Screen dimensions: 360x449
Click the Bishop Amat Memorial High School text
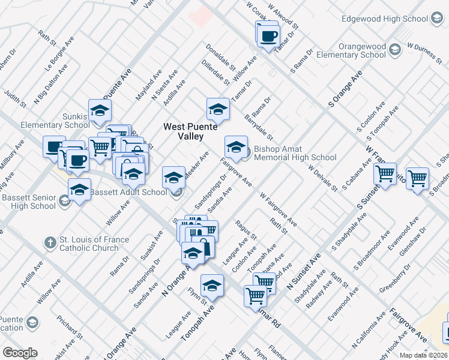pyautogui.click(x=294, y=153)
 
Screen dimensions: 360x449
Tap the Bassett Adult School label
pyautogui.click(x=128, y=193)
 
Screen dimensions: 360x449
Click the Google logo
pyautogui.click(x=20, y=353)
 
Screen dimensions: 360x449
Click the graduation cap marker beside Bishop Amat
pyautogui.click(x=236, y=146)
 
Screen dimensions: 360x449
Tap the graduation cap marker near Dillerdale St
pyautogui.click(x=218, y=109)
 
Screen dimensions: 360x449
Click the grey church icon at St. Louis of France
pyautogui.click(x=51, y=243)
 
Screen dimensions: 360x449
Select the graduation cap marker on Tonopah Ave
pyautogui.click(x=211, y=285)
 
